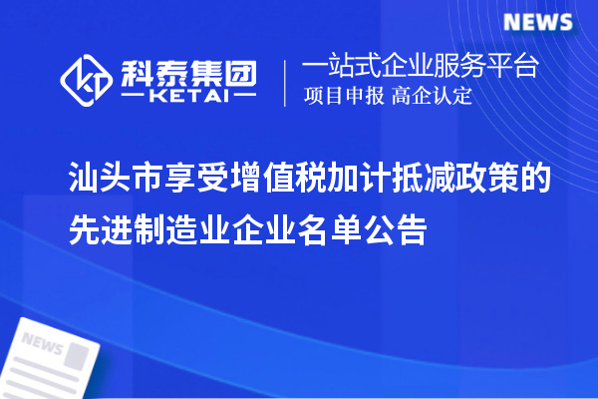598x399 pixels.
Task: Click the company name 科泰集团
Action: (x=186, y=70)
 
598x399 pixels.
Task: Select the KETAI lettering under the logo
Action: (x=186, y=97)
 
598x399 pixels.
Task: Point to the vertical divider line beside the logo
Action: (x=286, y=82)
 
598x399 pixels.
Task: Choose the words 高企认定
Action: (x=432, y=97)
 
